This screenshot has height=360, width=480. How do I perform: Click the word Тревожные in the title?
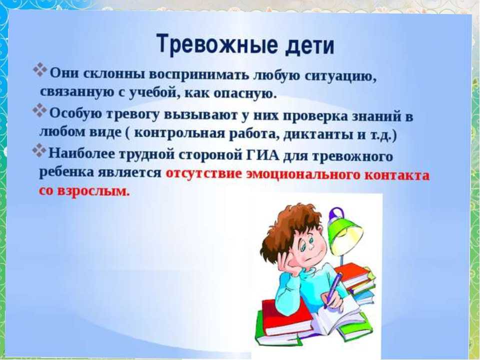(216, 44)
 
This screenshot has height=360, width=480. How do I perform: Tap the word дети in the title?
(309, 46)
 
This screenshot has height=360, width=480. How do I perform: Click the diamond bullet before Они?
(40, 70)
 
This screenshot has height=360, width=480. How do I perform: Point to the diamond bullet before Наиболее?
(39, 150)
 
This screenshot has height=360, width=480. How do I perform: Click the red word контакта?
(397, 175)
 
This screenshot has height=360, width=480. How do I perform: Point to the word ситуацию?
(340, 76)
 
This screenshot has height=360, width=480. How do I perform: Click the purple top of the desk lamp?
(336, 213)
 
